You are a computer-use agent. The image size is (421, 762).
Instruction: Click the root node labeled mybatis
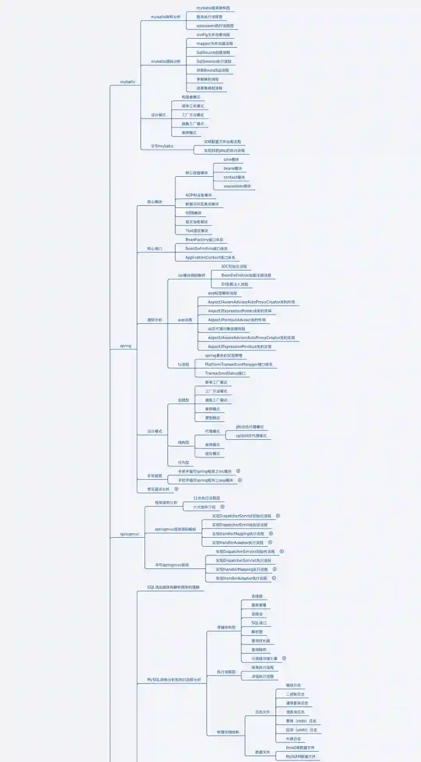(x=127, y=82)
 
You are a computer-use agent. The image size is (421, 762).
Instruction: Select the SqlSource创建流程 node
(x=213, y=53)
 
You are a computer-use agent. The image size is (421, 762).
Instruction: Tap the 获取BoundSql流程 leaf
(x=212, y=71)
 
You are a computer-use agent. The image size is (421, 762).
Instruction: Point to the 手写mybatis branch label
(x=162, y=146)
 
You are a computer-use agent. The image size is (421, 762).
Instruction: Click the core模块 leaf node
(x=231, y=160)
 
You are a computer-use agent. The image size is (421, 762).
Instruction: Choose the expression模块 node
(x=237, y=187)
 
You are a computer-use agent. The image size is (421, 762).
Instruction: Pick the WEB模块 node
(x=193, y=213)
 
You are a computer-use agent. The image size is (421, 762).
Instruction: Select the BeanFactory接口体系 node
(x=204, y=240)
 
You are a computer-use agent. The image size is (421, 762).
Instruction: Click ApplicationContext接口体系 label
(x=210, y=258)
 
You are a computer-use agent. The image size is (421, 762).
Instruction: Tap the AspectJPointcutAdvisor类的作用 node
(x=237, y=320)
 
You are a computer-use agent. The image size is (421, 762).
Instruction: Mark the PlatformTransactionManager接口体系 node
(x=239, y=364)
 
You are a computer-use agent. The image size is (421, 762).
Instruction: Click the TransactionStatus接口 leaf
(x=225, y=373)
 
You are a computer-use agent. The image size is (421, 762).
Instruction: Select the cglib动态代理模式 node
(x=251, y=436)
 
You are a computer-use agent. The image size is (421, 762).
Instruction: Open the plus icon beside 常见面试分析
(x=177, y=489)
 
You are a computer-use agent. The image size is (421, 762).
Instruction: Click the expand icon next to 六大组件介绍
(x=223, y=507)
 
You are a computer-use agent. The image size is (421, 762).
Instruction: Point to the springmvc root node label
(x=129, y=534)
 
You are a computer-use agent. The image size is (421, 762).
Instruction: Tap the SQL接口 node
(x=259, y=623)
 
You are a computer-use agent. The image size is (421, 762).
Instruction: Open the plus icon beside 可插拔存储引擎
(x=284, y=658)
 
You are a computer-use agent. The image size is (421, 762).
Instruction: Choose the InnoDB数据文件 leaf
(x=300, y=748)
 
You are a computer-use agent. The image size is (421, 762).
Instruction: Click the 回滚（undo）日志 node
(x=301, y=730)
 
